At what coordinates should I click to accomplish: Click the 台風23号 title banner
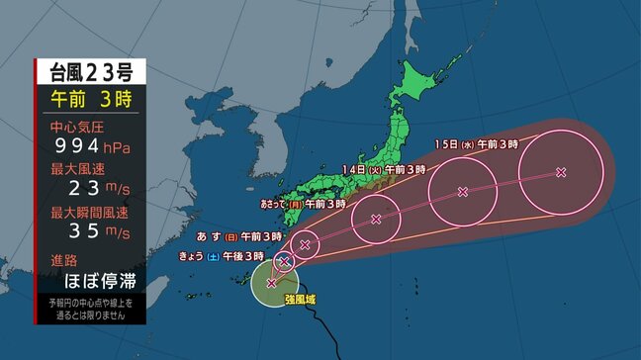(x=90, y=71)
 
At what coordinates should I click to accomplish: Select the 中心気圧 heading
(x=76, y=128)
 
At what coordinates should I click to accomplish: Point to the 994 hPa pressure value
(x=89, y=147)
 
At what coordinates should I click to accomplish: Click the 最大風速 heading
(x=76, y=170)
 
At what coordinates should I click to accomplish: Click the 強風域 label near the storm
(x=298, y=297)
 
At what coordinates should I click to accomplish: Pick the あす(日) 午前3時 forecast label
(x=239, y=237)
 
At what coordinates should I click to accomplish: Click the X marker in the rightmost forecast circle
(x=561, y=172)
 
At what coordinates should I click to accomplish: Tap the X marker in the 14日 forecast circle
(x=462, y=192)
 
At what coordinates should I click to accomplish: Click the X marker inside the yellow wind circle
(x=272, y=283)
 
